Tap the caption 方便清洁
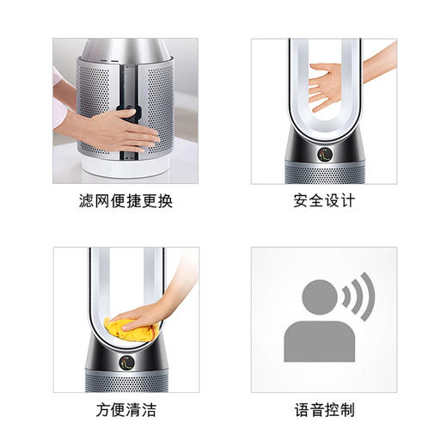tap(126, 409)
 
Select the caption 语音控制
tap(323, 409)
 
